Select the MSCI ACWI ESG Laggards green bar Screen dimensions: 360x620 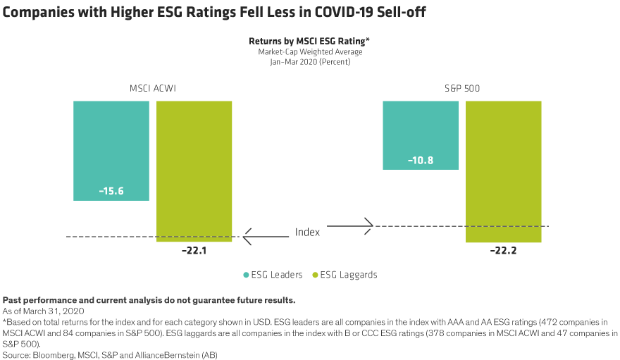coord(194,169)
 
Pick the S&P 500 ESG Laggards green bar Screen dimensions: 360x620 coord(504,169)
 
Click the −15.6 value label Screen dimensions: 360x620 coord(111,191)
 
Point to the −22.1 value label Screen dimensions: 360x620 coord(194,250)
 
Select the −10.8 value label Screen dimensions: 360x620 coord(420,161)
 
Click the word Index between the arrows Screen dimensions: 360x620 coord(307,232)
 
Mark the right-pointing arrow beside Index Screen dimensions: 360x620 coord(350,226)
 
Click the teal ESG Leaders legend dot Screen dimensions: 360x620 coord(246,275)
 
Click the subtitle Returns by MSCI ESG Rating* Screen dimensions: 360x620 coord(309,42)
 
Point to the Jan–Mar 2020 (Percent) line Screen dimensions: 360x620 coord(309,62)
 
